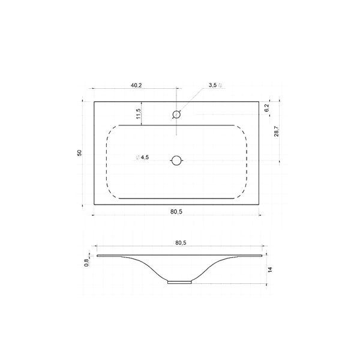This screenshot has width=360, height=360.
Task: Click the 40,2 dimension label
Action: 136,85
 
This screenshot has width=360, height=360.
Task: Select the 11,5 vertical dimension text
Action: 138,113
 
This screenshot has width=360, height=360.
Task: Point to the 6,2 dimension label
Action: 266,107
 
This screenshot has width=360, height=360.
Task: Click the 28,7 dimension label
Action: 276,131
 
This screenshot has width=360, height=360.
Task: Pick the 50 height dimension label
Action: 79,153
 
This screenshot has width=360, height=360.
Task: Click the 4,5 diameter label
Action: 142,157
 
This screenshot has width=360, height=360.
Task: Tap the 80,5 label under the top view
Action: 176,212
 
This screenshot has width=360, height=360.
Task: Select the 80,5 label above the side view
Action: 181,242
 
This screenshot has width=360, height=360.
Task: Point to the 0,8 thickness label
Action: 86,262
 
